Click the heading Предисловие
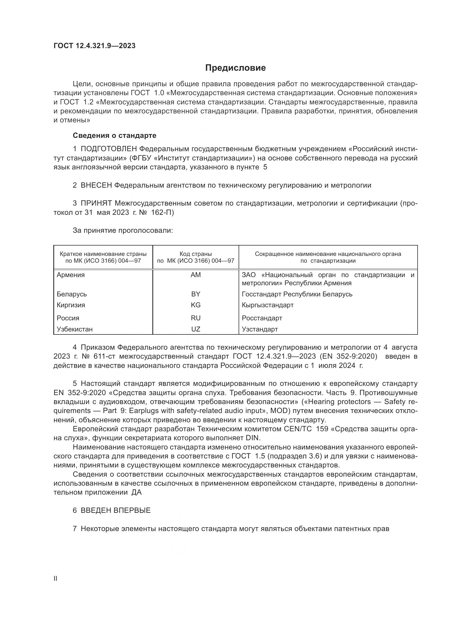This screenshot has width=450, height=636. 235,68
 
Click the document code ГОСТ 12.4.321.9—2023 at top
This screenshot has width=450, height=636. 94,46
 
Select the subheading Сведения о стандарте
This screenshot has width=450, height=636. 115,135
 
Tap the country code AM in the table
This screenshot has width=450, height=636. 196,275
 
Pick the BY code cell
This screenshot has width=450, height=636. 196,294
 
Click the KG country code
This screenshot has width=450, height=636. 196,305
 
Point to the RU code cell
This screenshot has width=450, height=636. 196,318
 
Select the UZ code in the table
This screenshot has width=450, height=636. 196,329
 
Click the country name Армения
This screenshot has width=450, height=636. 71,275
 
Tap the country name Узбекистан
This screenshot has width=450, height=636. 75,329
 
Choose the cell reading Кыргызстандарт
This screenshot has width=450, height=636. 267,305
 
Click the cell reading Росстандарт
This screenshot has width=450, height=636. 262,318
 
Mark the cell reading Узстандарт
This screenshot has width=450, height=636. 260,329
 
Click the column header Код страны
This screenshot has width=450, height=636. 196,254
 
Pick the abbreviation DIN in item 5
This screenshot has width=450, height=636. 253,438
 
